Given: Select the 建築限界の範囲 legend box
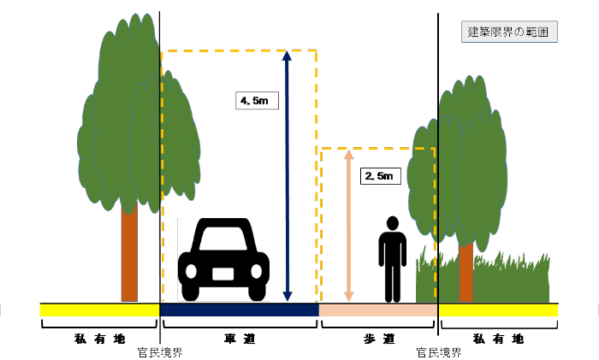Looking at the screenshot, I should [510, 32].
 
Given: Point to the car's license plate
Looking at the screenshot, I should [223, 274].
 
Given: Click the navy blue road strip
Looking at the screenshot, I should [239, 310].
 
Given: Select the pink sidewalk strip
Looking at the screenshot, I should [377, 310].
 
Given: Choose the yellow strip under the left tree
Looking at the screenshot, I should [99, 310].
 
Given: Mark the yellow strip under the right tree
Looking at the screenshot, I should [498, 310].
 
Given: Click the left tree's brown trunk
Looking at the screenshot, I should [129, 257].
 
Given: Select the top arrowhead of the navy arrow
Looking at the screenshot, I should [287, 57].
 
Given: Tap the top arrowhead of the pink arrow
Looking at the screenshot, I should [348, 155].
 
